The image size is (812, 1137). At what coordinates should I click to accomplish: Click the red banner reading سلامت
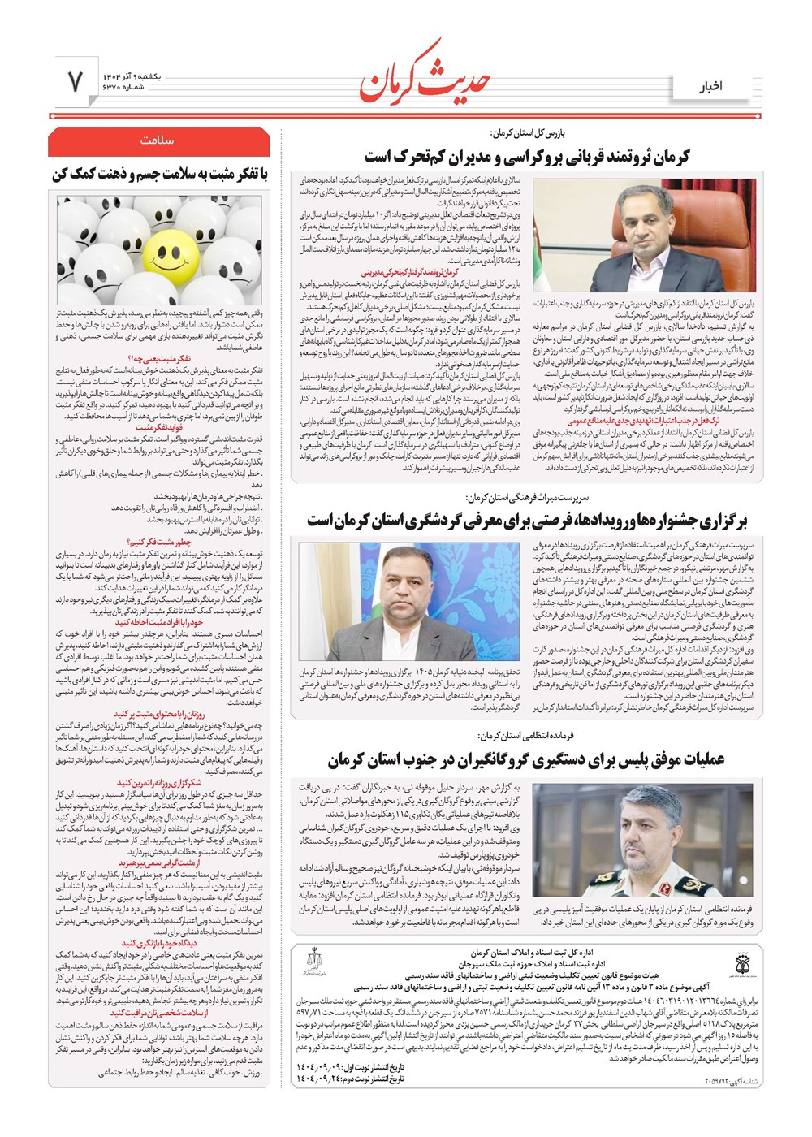click(x=158, y=141)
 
